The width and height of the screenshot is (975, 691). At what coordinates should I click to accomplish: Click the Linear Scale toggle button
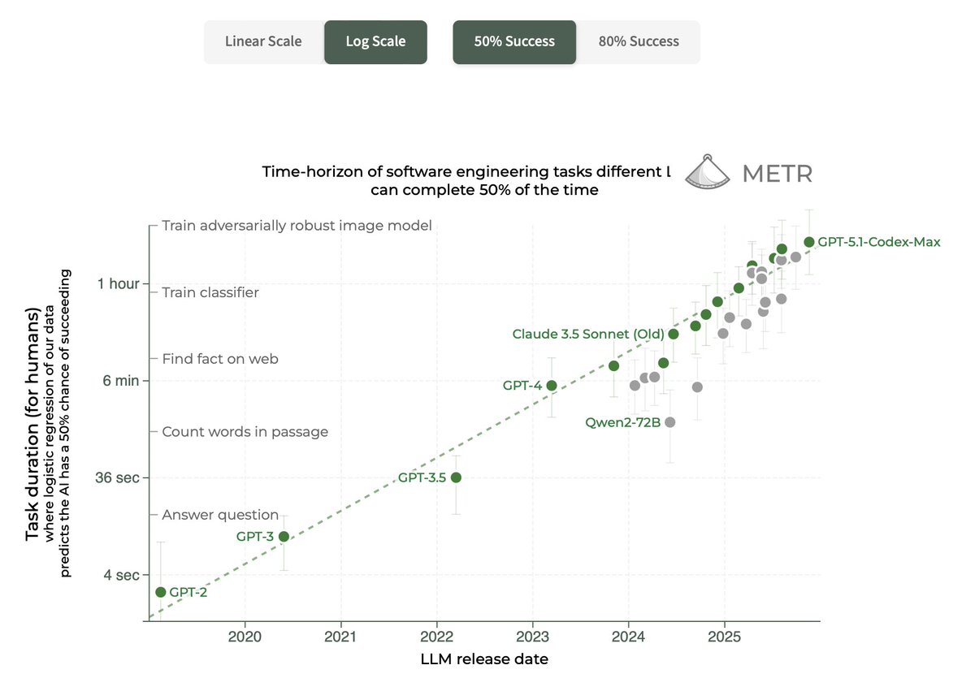point(263,41)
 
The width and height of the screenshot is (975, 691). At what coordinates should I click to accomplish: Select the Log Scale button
point(375,41)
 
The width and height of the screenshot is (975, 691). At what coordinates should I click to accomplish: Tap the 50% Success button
point(514,41)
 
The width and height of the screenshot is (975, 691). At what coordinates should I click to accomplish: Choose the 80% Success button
point(639,41)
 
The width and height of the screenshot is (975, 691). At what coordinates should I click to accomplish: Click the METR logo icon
point(709,172)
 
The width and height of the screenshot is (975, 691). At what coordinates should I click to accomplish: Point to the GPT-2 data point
point(161,592)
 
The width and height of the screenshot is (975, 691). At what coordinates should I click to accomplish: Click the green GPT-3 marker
point(284,536)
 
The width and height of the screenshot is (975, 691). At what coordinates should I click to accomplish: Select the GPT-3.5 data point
point(457,477)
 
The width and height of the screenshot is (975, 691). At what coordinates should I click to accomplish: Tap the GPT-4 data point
point(552,386)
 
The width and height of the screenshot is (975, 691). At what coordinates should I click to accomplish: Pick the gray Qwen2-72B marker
point(670,422)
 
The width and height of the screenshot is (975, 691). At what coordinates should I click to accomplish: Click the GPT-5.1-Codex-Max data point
point(809,242)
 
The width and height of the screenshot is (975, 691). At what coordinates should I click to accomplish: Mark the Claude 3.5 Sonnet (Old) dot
point(674,334)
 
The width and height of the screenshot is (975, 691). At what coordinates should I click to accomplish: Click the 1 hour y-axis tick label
point(118,283)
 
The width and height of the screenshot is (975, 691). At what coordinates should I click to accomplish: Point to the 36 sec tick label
point(117,477)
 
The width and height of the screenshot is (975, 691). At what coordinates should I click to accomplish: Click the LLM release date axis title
point(484,659)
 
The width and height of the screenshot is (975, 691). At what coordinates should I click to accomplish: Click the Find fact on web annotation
point(220,358)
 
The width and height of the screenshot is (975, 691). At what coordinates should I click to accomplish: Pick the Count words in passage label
point(245,432)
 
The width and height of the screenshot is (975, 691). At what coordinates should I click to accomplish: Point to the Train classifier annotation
point(210,292)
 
